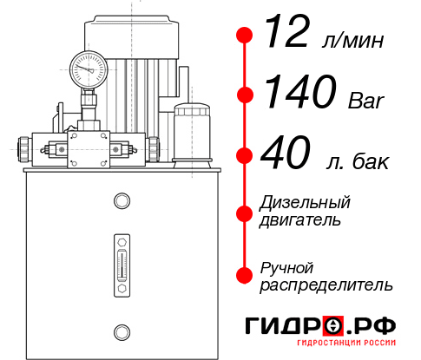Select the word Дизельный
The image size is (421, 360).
pyautogui.click(x=305, y=203)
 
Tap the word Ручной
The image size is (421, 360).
pyautogui.click(x=286, y=267)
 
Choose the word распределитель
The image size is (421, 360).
pyautogui.click(x=326, y=285)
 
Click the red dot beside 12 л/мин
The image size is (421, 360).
pyautogui.click(x=246, y=36)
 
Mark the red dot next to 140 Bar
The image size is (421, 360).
pyautogui.click(x=246, y=95)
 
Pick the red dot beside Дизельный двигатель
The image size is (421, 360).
pyautogui.click(x=246, y=212)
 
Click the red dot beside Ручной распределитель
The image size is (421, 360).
pyautogui.click(x=246, y=274)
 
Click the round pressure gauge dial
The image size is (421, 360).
pyautogui.click(x=88, y=66)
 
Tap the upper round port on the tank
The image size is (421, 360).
pyautogui.click(x=121, y=202)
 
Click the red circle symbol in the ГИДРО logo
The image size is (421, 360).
pyautogui.click(x=332, y=325)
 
